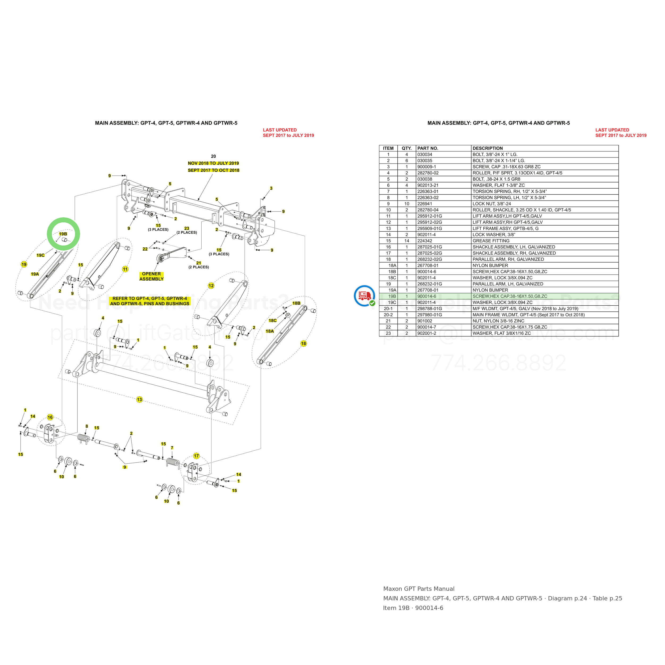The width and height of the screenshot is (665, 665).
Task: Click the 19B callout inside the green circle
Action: click(x=63, y=234)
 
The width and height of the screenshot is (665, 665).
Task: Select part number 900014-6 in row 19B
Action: click(x=426, y=296)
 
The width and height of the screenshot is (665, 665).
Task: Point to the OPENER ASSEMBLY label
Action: click(x=151, y=276)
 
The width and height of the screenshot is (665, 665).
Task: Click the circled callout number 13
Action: click(x=139, y=400)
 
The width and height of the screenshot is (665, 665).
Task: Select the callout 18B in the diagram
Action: click(x=296, y=303)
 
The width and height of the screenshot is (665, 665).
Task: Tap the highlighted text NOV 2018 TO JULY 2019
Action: click(x=213, y=163)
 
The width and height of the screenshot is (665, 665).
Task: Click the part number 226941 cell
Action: click(x=425, y=204)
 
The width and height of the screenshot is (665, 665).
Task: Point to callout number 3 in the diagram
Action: click(x=271, y=188)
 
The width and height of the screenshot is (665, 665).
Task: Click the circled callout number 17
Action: click(x=196, y=456)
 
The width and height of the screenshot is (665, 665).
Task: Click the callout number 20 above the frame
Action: click(x=213, y=156)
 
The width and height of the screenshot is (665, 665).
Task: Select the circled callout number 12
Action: click(x=211, y=286)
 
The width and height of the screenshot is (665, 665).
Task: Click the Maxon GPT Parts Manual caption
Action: click(x=419, y=589)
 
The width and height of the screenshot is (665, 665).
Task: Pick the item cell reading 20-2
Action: click(x=388, y=315)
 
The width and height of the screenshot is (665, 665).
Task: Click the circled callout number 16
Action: click(x=50, y=417)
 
